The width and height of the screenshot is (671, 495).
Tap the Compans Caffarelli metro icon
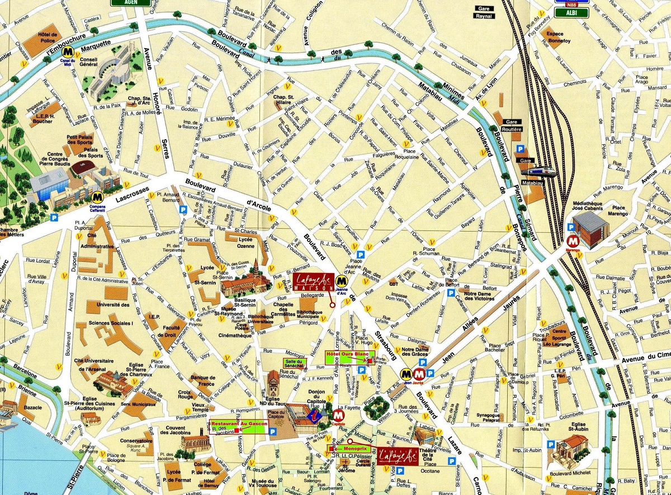(98, 197)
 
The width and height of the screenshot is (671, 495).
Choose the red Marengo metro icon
(572, 241)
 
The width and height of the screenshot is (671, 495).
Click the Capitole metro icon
(338, 415)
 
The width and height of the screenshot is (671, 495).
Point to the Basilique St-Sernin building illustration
(247, 282)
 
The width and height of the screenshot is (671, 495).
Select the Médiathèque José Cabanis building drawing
(590, 228)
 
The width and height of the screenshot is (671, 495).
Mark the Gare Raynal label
(484, 12)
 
